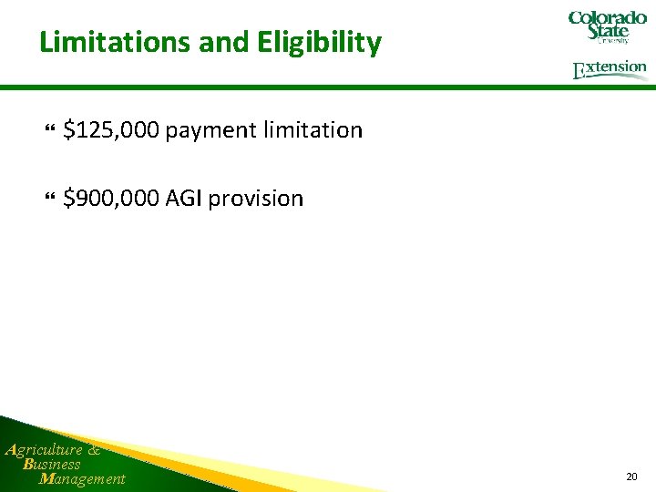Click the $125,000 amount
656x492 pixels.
111,130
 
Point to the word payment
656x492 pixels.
210,130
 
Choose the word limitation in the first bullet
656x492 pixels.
313,130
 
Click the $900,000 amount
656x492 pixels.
111,198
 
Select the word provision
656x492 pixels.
256,198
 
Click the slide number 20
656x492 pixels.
632,477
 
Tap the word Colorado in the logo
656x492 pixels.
608,17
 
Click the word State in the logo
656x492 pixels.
608,31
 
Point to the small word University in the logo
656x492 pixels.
612,41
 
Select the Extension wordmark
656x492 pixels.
610,69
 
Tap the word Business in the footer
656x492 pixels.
52,464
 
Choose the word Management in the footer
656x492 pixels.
82,478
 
